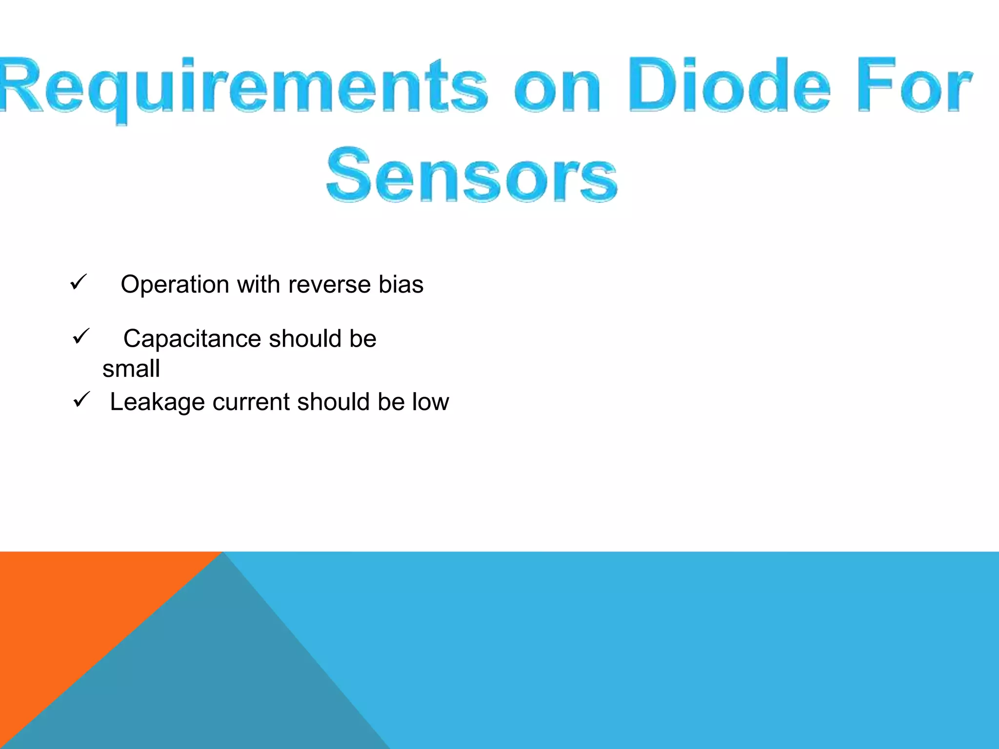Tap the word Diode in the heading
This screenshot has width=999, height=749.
tap(729, 85)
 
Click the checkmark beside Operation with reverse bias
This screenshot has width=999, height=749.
tap(79, 282)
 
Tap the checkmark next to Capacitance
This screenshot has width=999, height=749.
tap(81, 336)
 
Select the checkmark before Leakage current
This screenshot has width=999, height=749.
tap(81, 400)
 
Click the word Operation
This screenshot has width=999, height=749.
tap(175, 285)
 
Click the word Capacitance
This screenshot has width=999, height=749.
tap(192, 338)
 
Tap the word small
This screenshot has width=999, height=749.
tap(131, 369)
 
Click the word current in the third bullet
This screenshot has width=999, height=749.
tap(251, 402)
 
